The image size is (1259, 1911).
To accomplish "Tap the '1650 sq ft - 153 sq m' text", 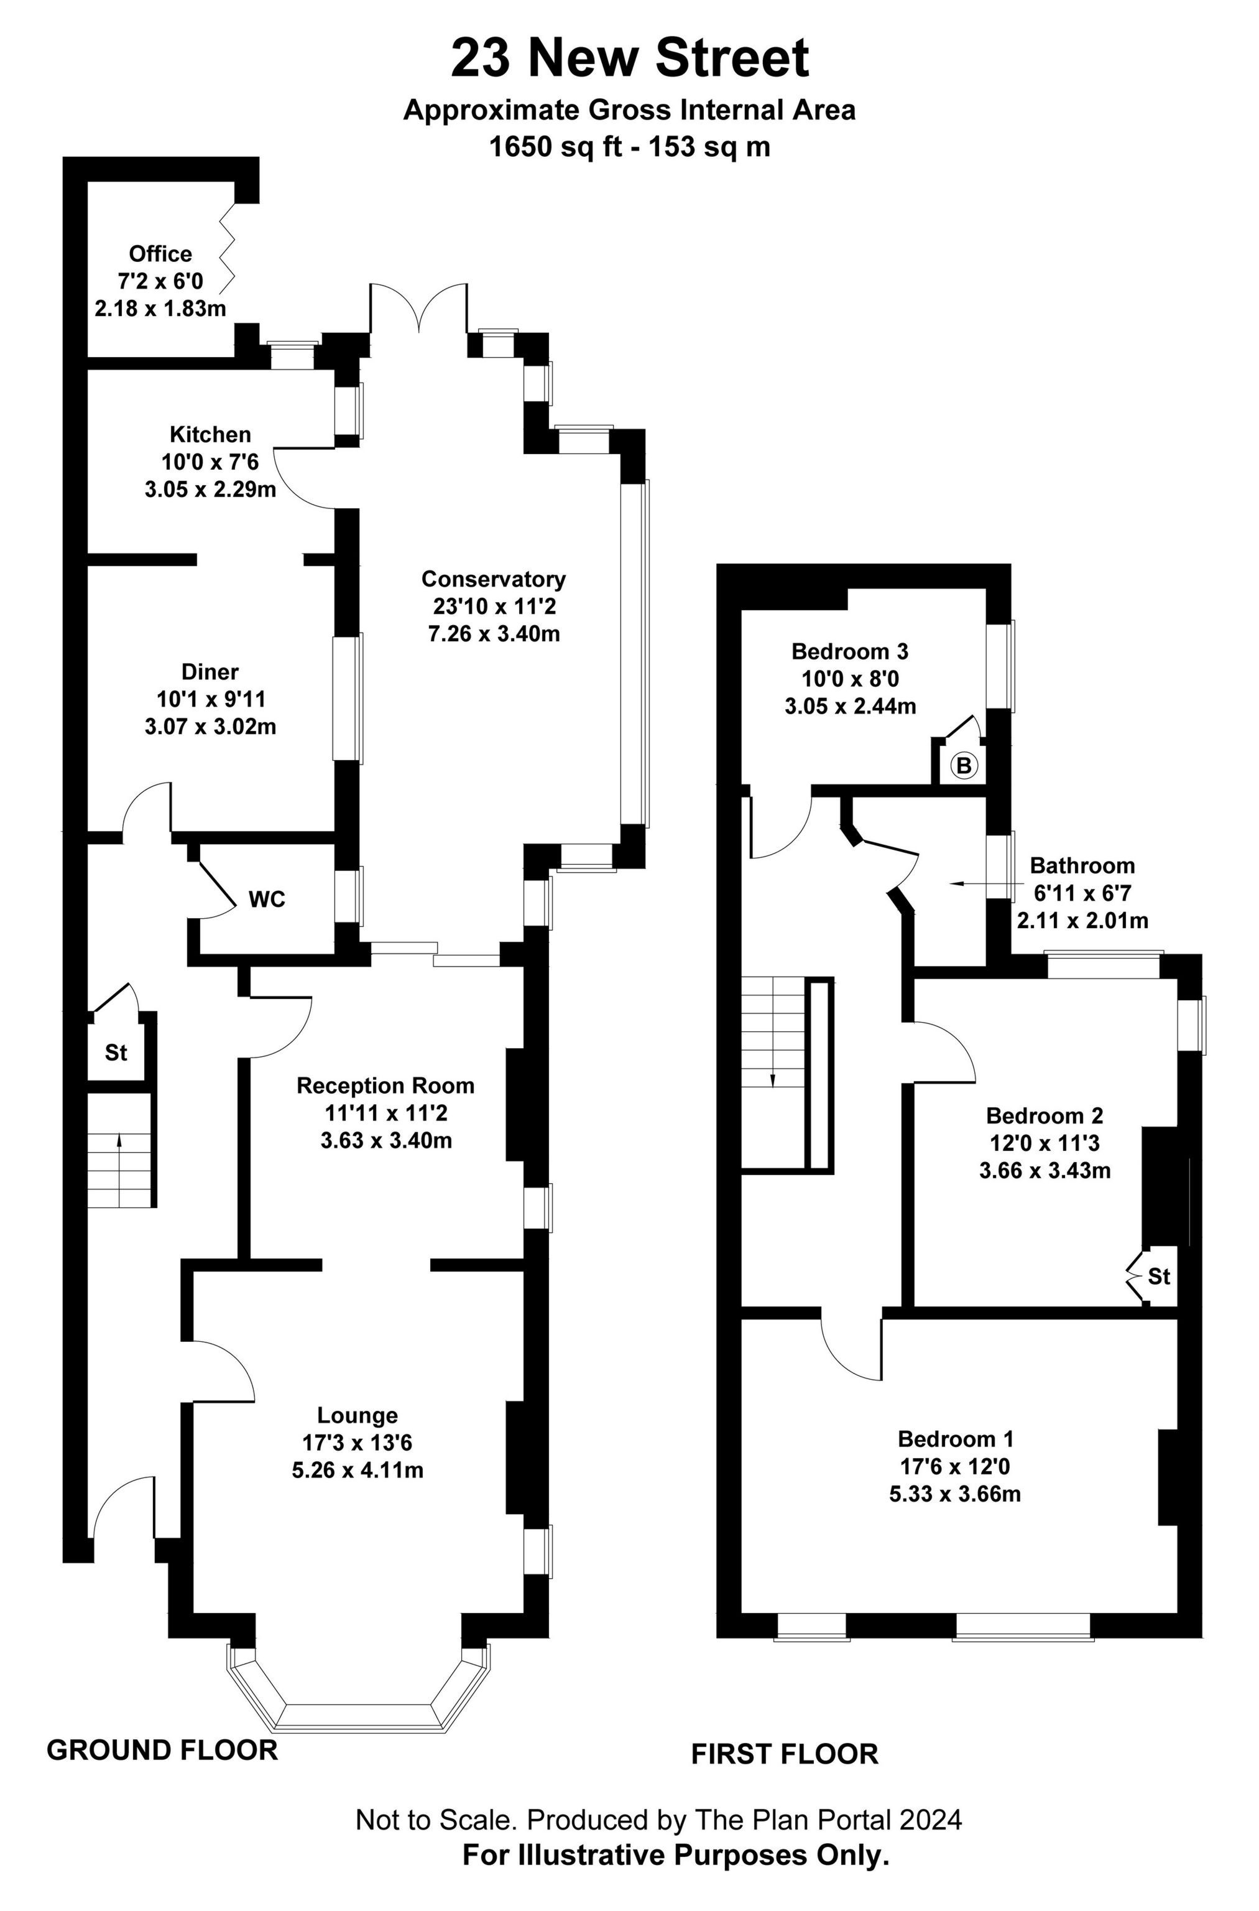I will point(629,147).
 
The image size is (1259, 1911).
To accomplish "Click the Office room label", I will point(160,254).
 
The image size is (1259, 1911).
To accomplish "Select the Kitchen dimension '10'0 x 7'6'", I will point(210,462).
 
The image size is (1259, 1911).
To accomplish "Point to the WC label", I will point(267,900).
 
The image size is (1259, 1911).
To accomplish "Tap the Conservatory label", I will point(493,579).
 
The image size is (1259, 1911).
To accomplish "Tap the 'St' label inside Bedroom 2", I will point(1159,1276).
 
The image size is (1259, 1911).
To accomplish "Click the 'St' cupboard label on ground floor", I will point(116,1053).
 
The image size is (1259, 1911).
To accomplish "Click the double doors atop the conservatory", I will point(418,309).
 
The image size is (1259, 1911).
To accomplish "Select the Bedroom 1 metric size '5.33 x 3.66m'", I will point(955,1494).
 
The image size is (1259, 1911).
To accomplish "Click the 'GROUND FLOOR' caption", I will point(162,1749).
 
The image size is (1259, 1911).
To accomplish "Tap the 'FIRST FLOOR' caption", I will point(785,1754).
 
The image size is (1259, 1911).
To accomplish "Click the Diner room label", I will point(210,672).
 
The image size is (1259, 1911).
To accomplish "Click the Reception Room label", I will point(385,1086).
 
